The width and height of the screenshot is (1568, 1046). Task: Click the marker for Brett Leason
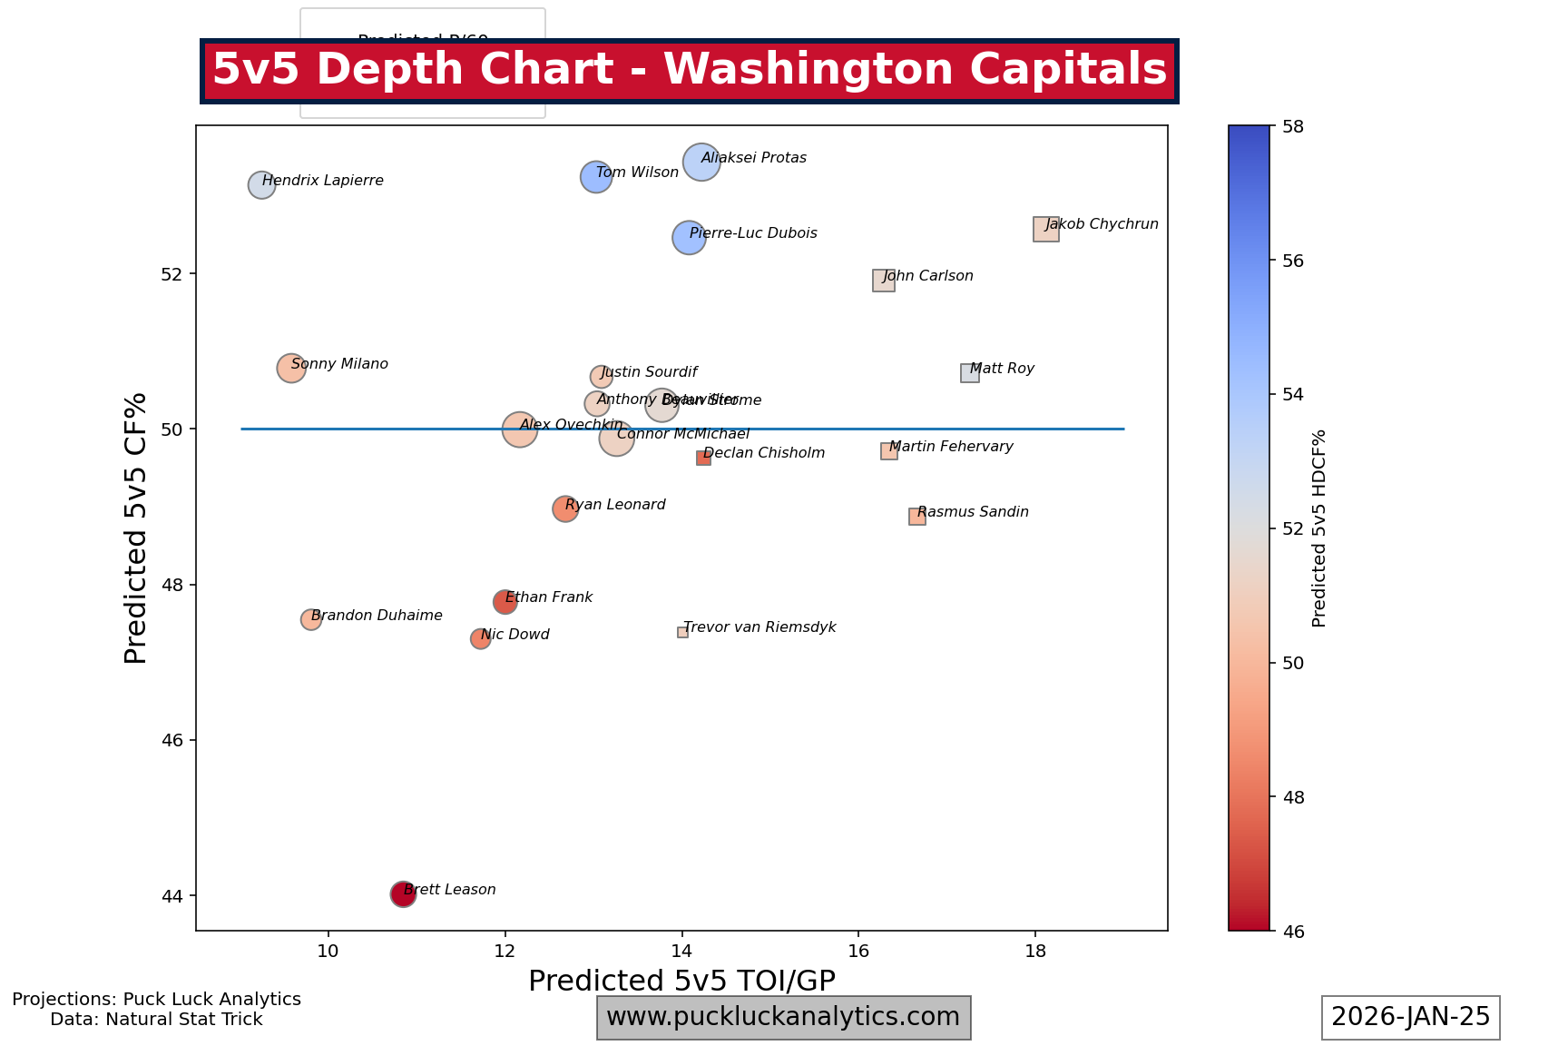[403, 894]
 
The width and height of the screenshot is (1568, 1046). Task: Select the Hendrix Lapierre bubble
[261, 184]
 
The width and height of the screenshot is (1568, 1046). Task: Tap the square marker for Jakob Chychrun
[1045, 229]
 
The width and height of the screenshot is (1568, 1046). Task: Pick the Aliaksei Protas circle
[701, 163]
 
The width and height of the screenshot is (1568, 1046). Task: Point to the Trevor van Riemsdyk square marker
[682, 632]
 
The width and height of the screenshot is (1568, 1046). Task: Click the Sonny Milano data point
[290, 368]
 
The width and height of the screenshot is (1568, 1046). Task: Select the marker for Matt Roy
[970, 373]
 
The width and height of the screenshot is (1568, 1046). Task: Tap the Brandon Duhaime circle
[311, 619]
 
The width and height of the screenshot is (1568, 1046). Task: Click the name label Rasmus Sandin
[973, 512]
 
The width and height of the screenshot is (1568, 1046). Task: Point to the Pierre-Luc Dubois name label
[753, 233]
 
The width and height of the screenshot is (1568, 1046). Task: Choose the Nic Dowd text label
[515, 635]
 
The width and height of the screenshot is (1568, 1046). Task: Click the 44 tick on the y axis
[171, 896]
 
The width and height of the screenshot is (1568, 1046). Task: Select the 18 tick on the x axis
[1035, 951]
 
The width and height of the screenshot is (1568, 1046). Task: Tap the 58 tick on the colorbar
[1294, 126]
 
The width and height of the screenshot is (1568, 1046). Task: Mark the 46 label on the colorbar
[1294, 931]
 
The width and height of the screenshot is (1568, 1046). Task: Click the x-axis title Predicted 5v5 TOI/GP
[681, 982]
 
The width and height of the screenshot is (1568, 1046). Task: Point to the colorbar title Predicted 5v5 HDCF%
[1319, 528]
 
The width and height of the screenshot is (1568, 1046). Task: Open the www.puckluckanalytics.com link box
[783, 1017]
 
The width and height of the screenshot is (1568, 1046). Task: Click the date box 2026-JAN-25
[1410, 1017]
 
